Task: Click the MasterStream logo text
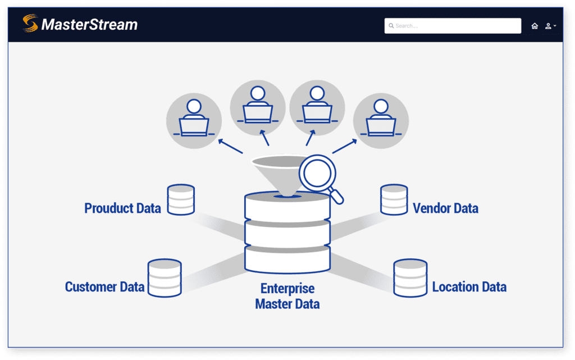(x=89, y=25)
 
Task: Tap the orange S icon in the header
(x=30, y=24)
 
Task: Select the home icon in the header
(x=535, y=26)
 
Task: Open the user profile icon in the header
(x=549, y=26)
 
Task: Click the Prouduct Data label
(x=122, y=208)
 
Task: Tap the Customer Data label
(x=104, y=287)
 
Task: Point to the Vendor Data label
(x=445, y=208)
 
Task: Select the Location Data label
(x=469, y=287)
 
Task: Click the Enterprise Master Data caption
(x=287, y=297)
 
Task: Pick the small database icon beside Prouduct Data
(x=181, y=199)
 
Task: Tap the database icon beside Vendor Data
(x=394, y=199)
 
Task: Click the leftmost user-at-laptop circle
(x=194, y=121)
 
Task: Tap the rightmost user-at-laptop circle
(x=381, y=121)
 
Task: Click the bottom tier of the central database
(x=287, y=259)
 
